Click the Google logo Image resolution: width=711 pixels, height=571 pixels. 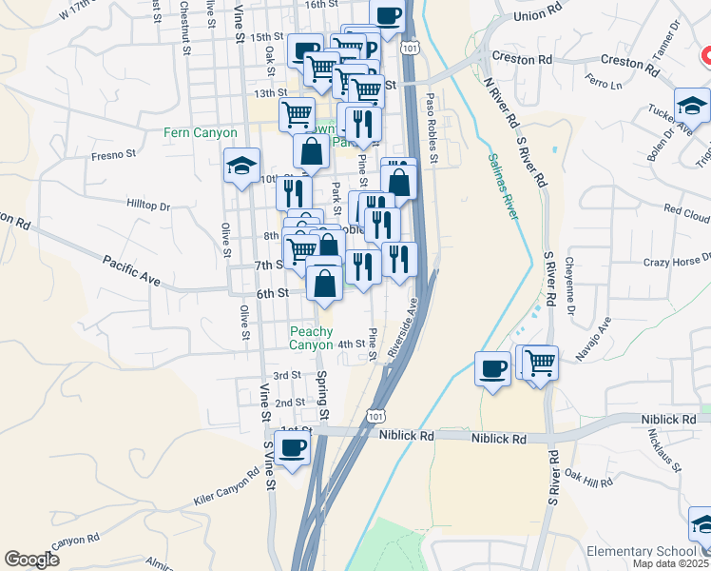pyautogui.click(x=31, y=560)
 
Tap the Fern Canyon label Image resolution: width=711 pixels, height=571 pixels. pyautogui.click(x=201, y=133)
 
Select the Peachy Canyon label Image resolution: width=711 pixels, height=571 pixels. pyautogui.click(x=312, y=338)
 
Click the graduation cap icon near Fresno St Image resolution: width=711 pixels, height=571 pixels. pyautogui.click(x=242, y=167)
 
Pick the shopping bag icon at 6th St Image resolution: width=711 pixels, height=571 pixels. pyautogui.click(x=324, y=283)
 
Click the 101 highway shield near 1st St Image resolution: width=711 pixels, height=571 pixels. pyautogui.click(x=377, y=415)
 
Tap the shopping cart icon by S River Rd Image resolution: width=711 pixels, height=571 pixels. pyautogui.click(x=540, y=362)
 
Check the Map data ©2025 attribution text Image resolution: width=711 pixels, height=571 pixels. pyautogui.click(x=669, y=563)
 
